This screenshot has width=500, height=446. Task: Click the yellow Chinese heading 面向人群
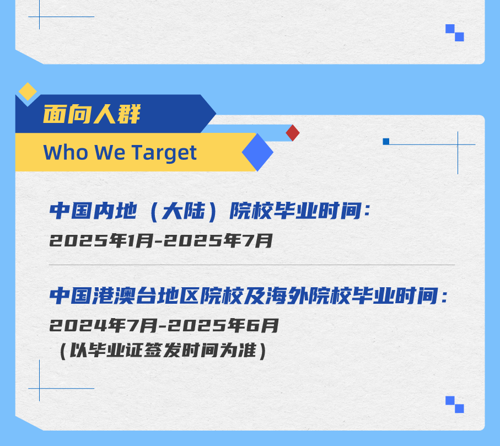pos(92,115)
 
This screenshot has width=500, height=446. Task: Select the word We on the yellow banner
pos(110,153)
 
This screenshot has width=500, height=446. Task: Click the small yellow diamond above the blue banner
pos(28,91)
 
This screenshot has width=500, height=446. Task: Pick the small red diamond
pos(293,133)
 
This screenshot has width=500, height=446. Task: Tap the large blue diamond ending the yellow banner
pos(257,152)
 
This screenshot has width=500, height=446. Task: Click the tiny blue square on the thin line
pos(386,142)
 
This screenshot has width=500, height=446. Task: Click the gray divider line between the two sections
pos(252,265)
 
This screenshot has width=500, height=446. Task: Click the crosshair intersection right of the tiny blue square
pos(458,145)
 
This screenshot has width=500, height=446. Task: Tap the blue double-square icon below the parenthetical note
pos(455,405)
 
